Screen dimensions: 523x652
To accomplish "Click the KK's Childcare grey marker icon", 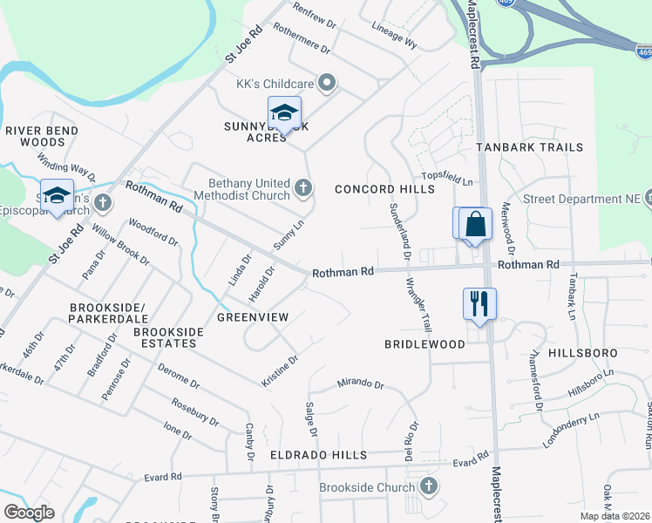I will (x=328, y=84).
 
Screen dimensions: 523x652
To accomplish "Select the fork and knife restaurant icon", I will (x=479, y=303).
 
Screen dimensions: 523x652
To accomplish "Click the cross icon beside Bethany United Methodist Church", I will (x=303, y=188).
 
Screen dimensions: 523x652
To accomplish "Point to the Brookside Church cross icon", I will (x=428, y=486).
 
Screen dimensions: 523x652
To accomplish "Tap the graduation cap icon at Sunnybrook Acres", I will (x=284, y=112).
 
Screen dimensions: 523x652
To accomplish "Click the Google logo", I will (x=29, y=513).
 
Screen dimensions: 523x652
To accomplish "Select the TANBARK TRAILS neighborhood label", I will (x=529, y=147).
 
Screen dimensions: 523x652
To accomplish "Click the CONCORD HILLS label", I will (x=384, y=189).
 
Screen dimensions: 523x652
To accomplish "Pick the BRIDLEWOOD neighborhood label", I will (x=424, y=344).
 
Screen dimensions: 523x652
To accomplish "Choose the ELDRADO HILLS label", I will (x=317, y=455).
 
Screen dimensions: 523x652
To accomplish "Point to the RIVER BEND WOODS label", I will (x=42, y=136).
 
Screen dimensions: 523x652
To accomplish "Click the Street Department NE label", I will (x=582, y=199).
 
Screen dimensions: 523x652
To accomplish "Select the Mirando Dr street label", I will (x=359, y=384).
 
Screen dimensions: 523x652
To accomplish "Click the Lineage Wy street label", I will (x=394, y=35).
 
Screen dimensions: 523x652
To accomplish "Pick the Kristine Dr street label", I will (x=280, y=370).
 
